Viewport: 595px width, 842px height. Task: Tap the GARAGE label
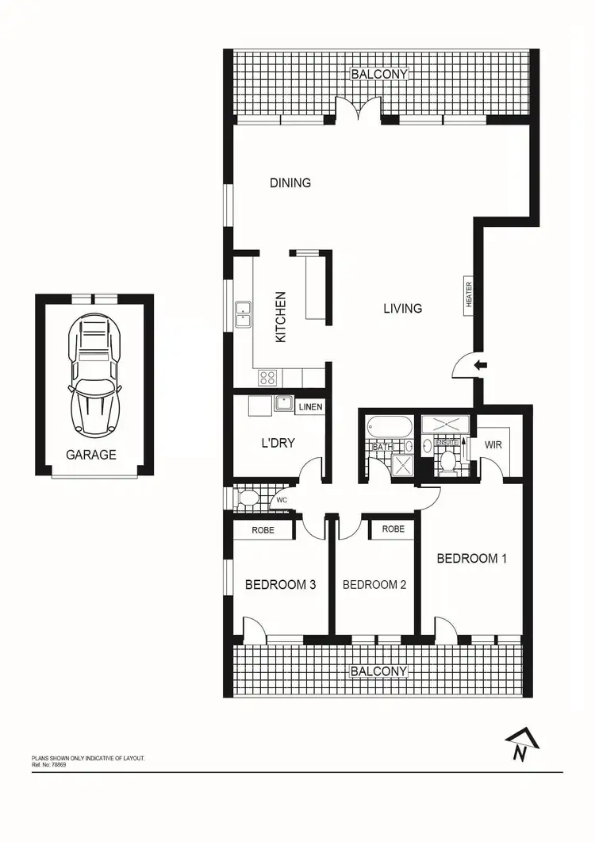point(91,455)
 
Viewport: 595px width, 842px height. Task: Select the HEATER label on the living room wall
point(469,294)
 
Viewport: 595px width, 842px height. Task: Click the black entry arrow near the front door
point(481,365)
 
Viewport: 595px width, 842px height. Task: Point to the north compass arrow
point(521,745)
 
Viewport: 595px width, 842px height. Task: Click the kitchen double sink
point(243,315)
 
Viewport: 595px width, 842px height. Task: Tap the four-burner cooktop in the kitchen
point(268,378)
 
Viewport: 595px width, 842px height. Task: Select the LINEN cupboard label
point(310,407)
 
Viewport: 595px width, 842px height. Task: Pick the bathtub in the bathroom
point(390,428)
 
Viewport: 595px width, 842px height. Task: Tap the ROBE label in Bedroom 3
point(263,529)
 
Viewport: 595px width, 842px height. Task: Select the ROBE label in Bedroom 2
point(393,529)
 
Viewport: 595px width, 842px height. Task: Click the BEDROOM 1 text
point(471,558)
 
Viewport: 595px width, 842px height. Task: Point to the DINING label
point(290,183)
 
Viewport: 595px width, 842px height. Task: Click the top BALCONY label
point(379,74)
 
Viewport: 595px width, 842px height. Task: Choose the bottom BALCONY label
point(378,671)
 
